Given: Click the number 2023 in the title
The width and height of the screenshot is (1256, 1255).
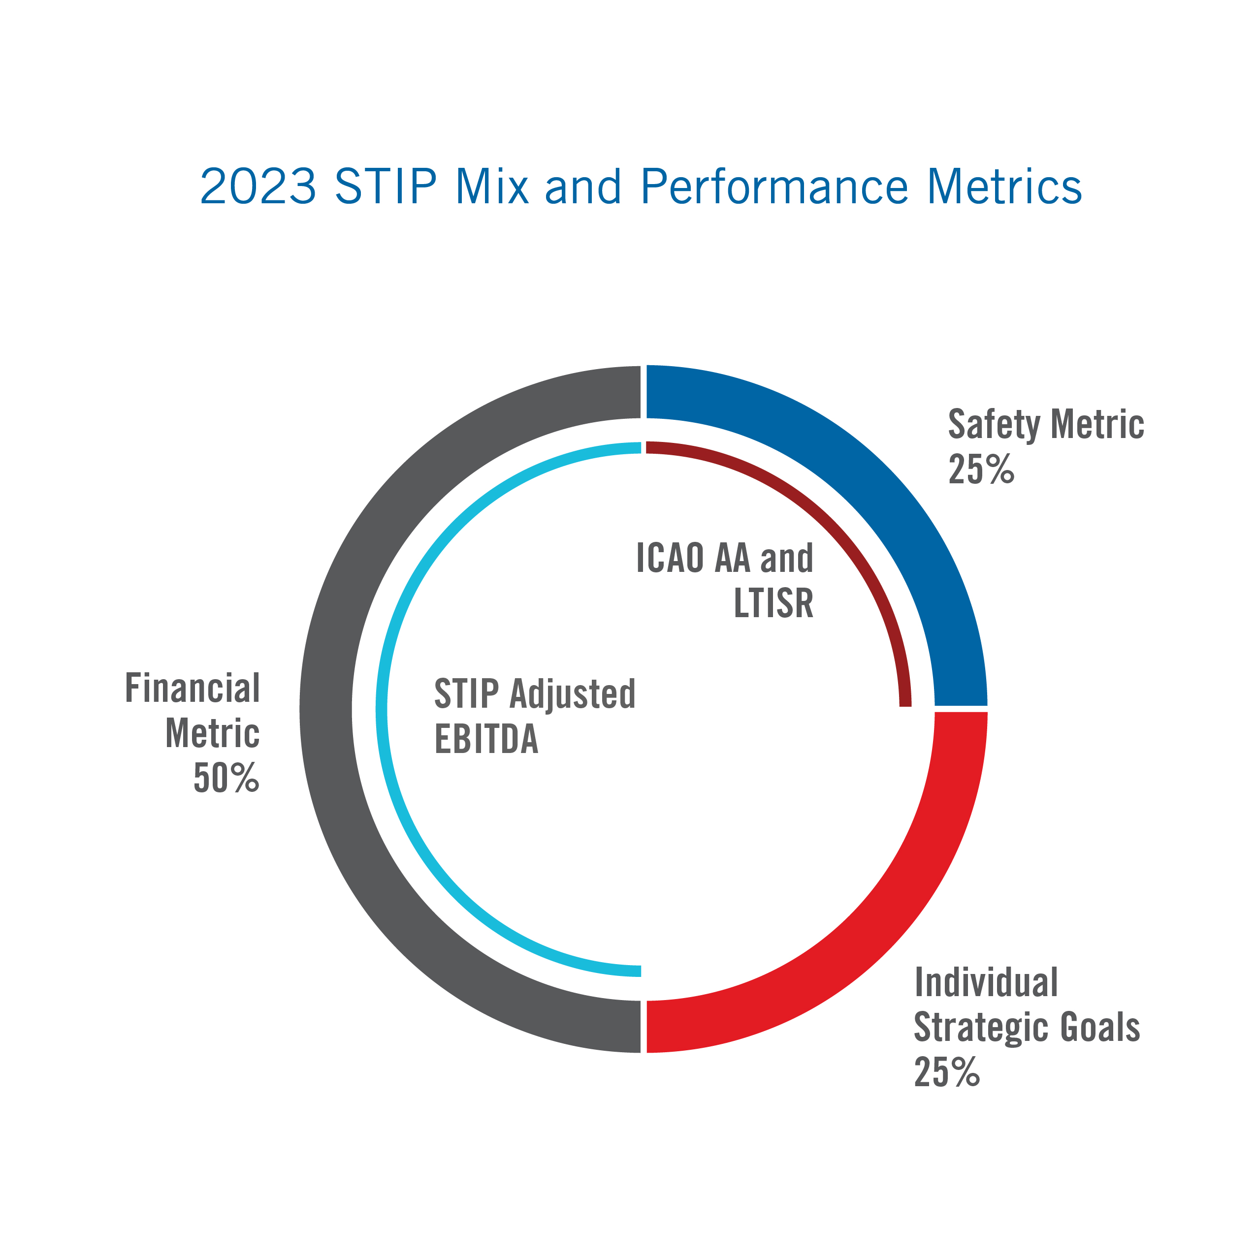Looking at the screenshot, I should [258, 187].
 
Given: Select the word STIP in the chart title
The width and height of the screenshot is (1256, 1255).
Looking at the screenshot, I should [386, 187].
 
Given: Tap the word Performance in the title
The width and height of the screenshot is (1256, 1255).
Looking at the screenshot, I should [773, 187].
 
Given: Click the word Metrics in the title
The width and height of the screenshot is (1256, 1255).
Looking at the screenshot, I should [1004, 187].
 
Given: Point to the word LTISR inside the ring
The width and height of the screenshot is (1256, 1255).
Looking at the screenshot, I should [773, 603].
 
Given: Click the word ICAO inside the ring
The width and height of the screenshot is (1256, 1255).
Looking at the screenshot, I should [670, 558].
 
